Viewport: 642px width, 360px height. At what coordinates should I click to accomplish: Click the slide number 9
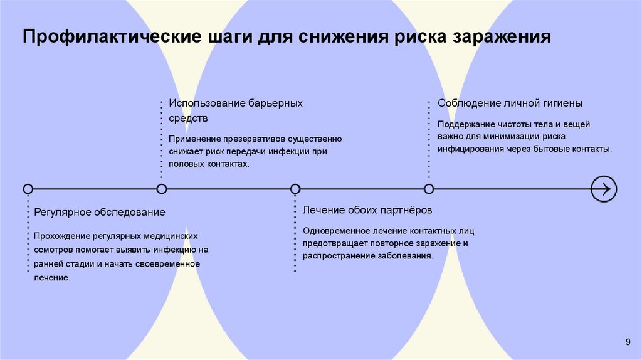(x=628, y=341)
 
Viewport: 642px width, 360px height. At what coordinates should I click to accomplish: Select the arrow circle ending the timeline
(x=604, y=188)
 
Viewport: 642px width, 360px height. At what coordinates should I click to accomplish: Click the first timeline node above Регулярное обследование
(x=28, y=188)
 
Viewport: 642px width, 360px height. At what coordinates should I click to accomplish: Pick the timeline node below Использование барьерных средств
(x=162, y=188)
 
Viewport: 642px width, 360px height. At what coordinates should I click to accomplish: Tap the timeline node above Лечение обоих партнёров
(x=295, y=188)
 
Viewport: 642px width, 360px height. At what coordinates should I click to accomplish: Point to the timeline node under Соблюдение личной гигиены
(x=429, y=188)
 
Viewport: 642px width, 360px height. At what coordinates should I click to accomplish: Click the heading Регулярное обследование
(x=100, y=212)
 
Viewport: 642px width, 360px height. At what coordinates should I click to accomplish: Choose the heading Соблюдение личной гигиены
(x=510, y=103)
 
